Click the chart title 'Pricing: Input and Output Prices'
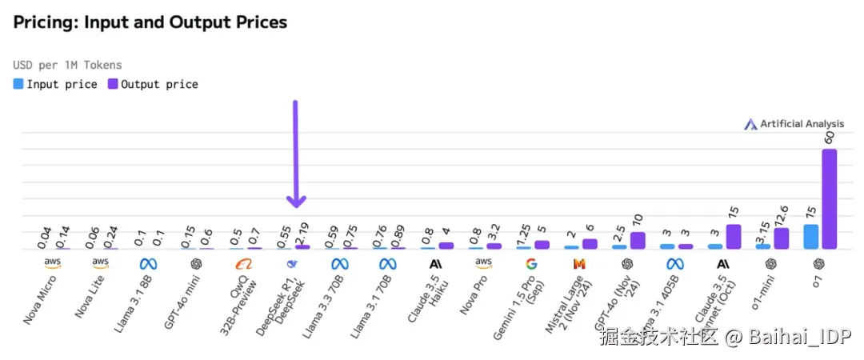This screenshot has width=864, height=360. click(x=150, y=22)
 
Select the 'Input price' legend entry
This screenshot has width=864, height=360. click(x=55, y=84)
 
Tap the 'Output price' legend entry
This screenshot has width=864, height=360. click(x=153, y=84)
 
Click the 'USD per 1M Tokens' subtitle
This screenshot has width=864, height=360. click(x=68, y=65)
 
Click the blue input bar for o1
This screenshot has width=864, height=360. click(x=810, y=237)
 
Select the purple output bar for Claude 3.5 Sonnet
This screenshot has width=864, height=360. click(x=733, y=237)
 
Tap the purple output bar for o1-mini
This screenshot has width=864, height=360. click(x=781, y=238)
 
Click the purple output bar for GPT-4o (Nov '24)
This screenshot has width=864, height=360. click(x=638, y=241)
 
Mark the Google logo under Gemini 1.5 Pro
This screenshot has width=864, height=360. click(x=531, y=263)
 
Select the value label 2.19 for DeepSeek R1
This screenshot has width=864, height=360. click(x=302, y=231)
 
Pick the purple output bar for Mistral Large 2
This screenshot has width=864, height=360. click(x=590, y=244)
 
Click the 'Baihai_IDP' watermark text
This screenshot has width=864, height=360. click(x=791, y=338)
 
